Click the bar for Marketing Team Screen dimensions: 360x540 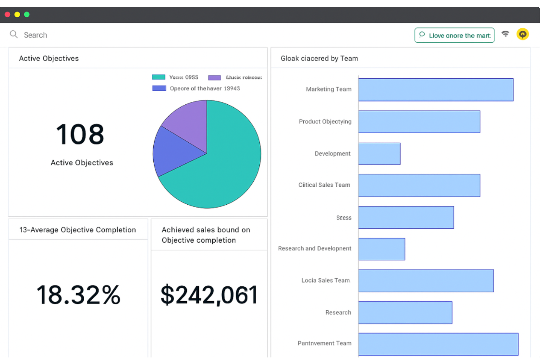[436, 90]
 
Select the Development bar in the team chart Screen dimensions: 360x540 [379, 154]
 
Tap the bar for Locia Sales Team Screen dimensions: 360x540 [426, 280]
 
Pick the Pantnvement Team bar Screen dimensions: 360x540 [438, 344]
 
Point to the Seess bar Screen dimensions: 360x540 [406, 217]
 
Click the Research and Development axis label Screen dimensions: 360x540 [315, 248]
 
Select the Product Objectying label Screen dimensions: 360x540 [325, 121]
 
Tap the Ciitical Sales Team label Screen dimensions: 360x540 [324, 185]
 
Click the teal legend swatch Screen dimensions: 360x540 [159, 77]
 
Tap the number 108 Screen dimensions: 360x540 [80, 134]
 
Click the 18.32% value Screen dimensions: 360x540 [78, 295]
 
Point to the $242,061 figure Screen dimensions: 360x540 [209, 295]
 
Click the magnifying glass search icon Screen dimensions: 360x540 [14, 35]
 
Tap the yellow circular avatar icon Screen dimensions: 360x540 [522, 34]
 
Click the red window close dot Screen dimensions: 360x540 [7, 15]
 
